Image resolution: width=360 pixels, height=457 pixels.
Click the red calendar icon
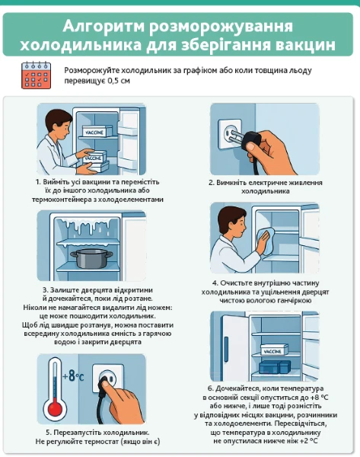(x=36, y=75)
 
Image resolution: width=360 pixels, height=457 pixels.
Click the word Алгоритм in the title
(x=104, y=26)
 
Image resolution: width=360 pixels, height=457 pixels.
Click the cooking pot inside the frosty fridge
(x=91, y=258)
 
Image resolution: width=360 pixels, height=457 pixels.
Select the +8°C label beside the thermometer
(x=73, y=376)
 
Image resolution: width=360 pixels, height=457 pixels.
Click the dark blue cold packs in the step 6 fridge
(x=275, y=367)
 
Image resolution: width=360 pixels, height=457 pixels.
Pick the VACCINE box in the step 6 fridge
(x=273, y=350)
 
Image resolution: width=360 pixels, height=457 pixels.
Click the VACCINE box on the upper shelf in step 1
(x=97, y=131)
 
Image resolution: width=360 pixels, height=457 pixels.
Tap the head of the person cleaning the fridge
(x=232, y=222)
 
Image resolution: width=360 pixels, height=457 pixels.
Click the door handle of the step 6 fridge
(x=226, y=345)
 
